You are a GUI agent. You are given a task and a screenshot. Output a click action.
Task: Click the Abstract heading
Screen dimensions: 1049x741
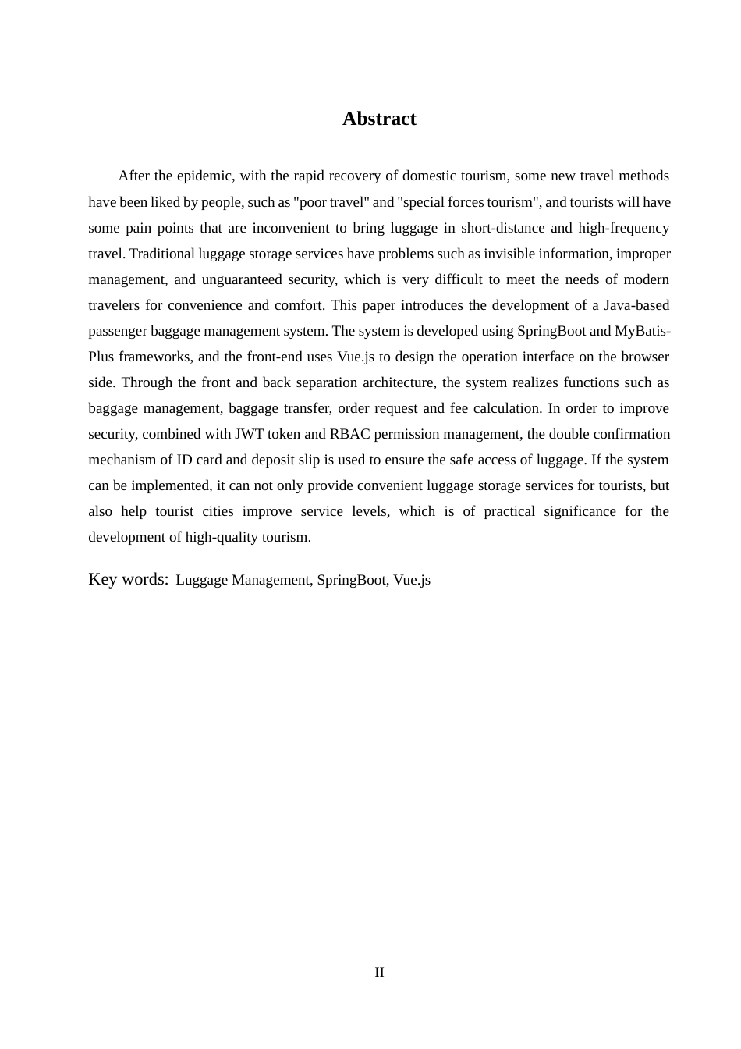tap(379, 119)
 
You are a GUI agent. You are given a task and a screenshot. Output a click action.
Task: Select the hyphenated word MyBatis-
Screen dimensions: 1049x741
tap(643, 331)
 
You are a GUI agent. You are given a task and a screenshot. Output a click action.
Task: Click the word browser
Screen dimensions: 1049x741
tap(644, 357)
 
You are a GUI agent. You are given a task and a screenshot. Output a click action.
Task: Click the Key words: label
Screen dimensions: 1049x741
tap(129, 579)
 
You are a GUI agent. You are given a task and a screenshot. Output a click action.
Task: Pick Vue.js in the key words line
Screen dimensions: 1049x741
tap(412, 580)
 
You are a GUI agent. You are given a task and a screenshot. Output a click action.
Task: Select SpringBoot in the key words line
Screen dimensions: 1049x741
tap(351, 580)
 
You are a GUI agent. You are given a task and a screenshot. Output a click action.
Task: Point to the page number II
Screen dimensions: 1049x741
tap(379, 973)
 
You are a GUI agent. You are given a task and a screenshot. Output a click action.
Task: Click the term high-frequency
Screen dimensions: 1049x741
tap(623, 228)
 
